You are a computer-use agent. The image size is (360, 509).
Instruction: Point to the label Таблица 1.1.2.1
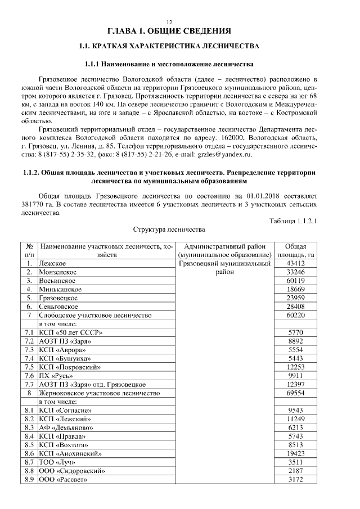[294, 220]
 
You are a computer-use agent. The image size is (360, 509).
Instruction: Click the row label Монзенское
[58, 272]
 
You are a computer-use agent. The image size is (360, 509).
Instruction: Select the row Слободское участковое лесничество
[95, 316]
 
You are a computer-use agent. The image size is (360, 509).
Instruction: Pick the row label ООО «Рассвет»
[64, 479]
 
